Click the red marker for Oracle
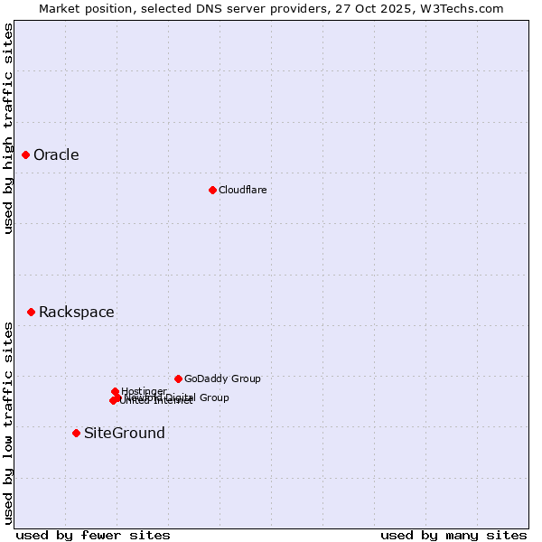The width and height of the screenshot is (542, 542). click(26, 155)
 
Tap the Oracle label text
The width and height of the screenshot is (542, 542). click(56, 155)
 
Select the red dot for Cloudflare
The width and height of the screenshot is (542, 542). click(212, 190)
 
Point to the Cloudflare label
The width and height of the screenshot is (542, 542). click(242, 190)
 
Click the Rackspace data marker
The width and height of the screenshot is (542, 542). click(31, 312)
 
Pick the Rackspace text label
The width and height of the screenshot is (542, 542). click(76, 313)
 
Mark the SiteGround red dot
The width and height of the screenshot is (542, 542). click(76, 433)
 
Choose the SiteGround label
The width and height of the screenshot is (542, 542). click(124, 434)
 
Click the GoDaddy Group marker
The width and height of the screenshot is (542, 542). click(178, 378)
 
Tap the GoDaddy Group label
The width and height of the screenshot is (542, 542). click(222, 379)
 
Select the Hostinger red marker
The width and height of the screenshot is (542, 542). click(115, 391)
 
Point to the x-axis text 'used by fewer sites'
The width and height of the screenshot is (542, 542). click(93, 535)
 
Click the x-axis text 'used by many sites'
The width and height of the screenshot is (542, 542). click(453, 535)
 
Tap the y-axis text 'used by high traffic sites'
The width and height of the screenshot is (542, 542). click(9, 128)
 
